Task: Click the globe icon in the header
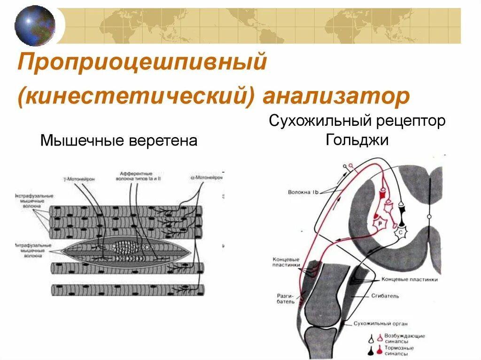35,25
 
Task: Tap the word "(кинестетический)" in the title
136,97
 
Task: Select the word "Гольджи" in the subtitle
357,140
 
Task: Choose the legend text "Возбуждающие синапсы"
405,339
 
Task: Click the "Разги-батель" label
286,299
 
